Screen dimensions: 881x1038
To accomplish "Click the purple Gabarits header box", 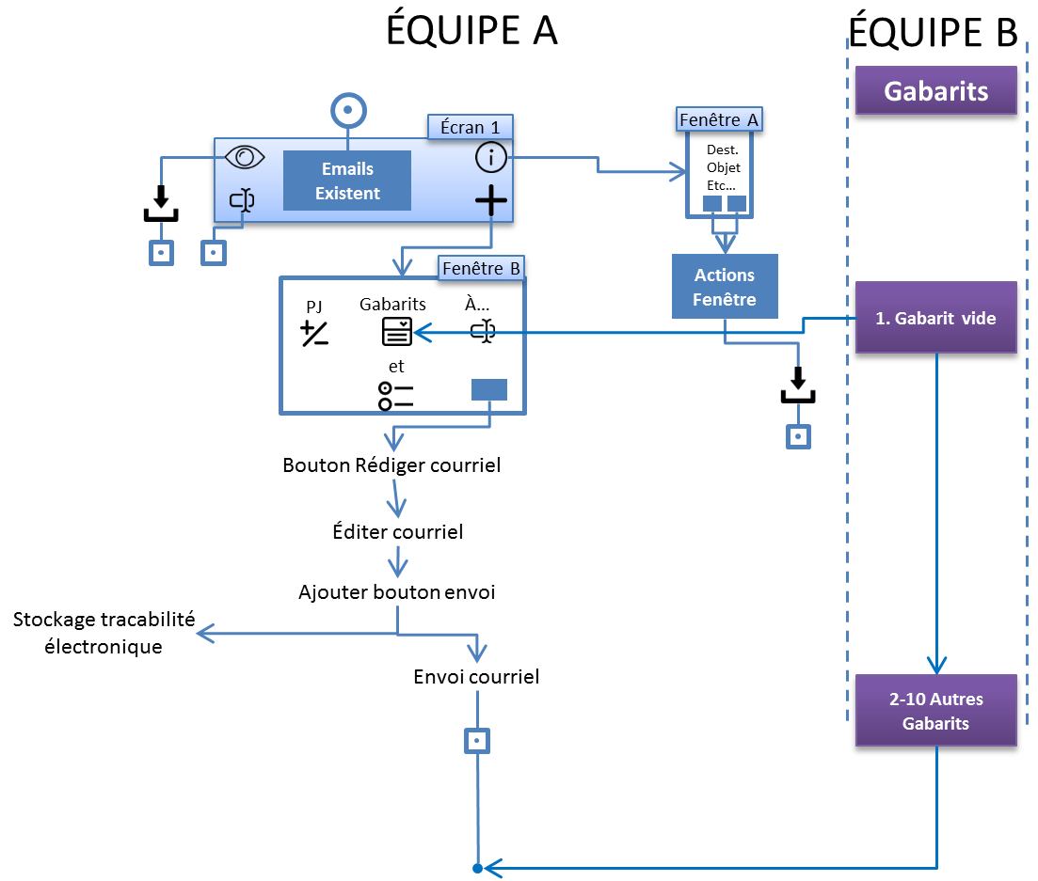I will (x=936, y=91).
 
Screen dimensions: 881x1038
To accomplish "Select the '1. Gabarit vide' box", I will (x=936, y=318).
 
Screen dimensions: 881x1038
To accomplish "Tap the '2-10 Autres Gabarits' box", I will (x=936, y=711).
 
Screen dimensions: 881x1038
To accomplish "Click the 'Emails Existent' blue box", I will (x=348, y=181).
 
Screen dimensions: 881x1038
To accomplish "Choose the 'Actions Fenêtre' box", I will (x=725, y=287).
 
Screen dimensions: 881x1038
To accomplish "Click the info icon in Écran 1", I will (x=491, y=158).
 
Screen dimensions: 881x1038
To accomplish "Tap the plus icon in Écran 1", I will (x=491, y=200).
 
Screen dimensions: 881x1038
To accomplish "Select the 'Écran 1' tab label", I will (x=471, y=127).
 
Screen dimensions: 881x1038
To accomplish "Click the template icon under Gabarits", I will (x=396, y=331).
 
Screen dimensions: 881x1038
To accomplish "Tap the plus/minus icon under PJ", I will (x=314, y=333).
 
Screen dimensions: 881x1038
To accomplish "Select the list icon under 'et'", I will (x=396, y=395).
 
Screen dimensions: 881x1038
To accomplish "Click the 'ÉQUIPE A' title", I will (x=471, y=31).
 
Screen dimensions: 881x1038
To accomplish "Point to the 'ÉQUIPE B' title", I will (x=933, y=31).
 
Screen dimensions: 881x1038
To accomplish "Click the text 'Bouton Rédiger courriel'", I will (x=391, y=464).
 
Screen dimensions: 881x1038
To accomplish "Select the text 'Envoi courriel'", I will (x=476, y=676).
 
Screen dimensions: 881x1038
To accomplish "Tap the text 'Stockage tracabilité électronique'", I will (x=104, y=633).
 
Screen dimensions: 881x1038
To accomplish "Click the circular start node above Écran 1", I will (x=348, y=111).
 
